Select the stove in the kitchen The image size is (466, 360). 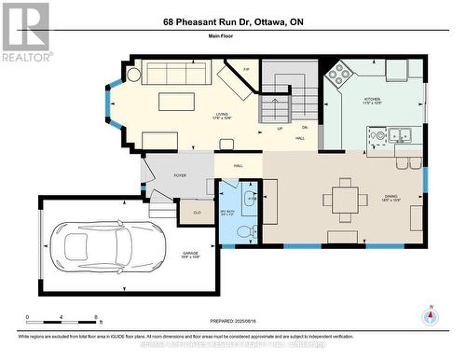coord(337,72)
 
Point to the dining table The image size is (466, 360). coord(341,199)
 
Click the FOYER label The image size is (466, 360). coord(181,174)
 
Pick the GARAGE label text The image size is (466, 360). coord(190,253)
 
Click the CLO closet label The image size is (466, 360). coord(197,212)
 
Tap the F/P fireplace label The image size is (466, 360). coord(246,70)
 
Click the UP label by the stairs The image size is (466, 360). coord(280,128)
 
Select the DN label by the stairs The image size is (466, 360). coord(305,128)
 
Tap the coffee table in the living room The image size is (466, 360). coord(177,100)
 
